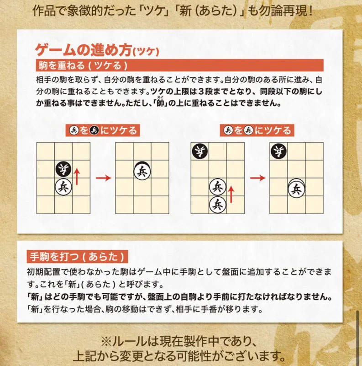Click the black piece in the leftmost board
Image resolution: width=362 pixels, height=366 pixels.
(64, 168)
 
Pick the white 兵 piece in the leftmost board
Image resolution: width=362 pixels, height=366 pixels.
(64, 186)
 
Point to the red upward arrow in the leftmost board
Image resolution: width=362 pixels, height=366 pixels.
(78, 176)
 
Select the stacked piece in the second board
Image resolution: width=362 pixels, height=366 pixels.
(143, 172)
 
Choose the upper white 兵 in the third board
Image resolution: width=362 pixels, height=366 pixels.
(218, 186)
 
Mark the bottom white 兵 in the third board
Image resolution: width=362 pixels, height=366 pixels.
(218, 204)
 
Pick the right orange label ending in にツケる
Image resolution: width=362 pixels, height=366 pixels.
(257, 130)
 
